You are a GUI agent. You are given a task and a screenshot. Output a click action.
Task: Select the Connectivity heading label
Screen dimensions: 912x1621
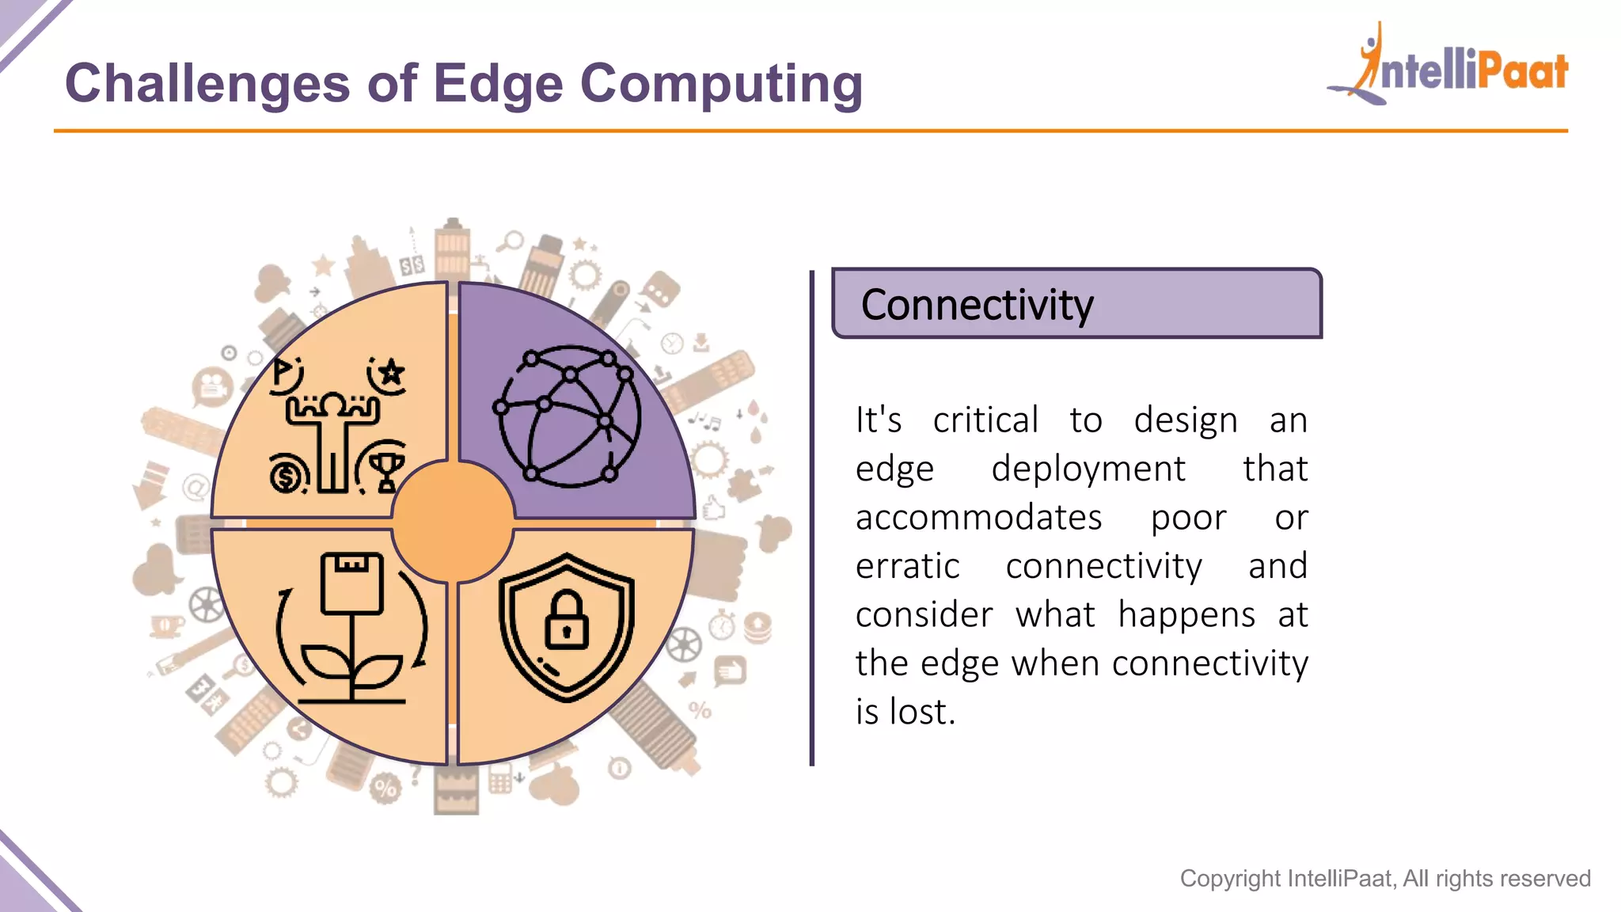click(x=977, y=305)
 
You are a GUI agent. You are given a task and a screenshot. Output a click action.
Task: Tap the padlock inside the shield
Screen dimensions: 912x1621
click(x=567, y=620)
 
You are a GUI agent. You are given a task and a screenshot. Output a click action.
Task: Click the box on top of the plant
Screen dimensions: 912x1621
click(x=351, y=583)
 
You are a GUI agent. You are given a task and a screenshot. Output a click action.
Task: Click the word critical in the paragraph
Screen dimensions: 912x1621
click(x=985, y=420)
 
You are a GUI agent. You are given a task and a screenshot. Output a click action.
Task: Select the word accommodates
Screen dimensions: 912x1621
click(x=978, y=518)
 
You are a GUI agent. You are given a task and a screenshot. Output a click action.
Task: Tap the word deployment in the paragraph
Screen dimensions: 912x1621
click(x=1088, y=469)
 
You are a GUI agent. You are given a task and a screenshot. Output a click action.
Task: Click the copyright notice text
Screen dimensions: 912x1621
click(x=1384, y=878)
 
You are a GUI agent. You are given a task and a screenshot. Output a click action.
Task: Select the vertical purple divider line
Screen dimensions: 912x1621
click(x=812, y=519)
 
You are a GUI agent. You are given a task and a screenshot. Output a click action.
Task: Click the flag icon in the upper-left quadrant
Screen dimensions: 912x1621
click(x=283, y=370)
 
